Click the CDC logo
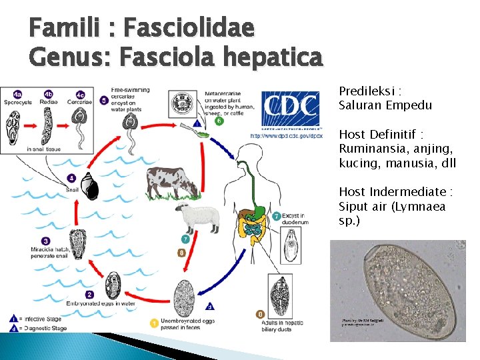pos(291,107)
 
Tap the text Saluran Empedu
pos(385,105)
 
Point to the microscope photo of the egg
pos(398,291)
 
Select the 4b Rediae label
pos(48,99)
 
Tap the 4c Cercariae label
pos(80,99)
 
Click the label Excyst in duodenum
pos(293,219)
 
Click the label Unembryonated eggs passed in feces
pos(185,325)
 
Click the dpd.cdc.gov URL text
pos(287,135)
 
